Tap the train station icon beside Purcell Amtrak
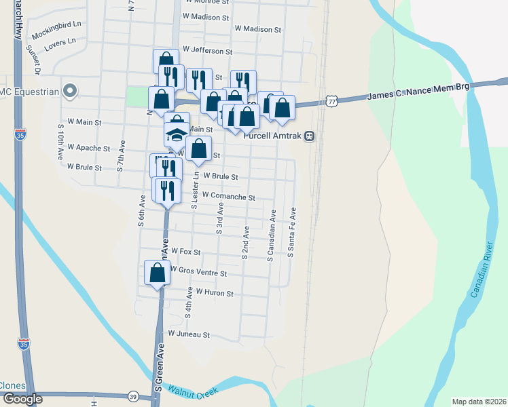point(309,135)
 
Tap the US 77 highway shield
point(331,100)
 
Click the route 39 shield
point(133,396)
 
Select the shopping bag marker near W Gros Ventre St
point(158,273)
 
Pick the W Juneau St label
point(189,334)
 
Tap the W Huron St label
point(215,293)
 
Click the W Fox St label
point(185,252)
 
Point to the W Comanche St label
point(229,197)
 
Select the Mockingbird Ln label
point(56,32)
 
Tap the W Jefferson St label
point(208,51)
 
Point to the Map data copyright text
point(479,402)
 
